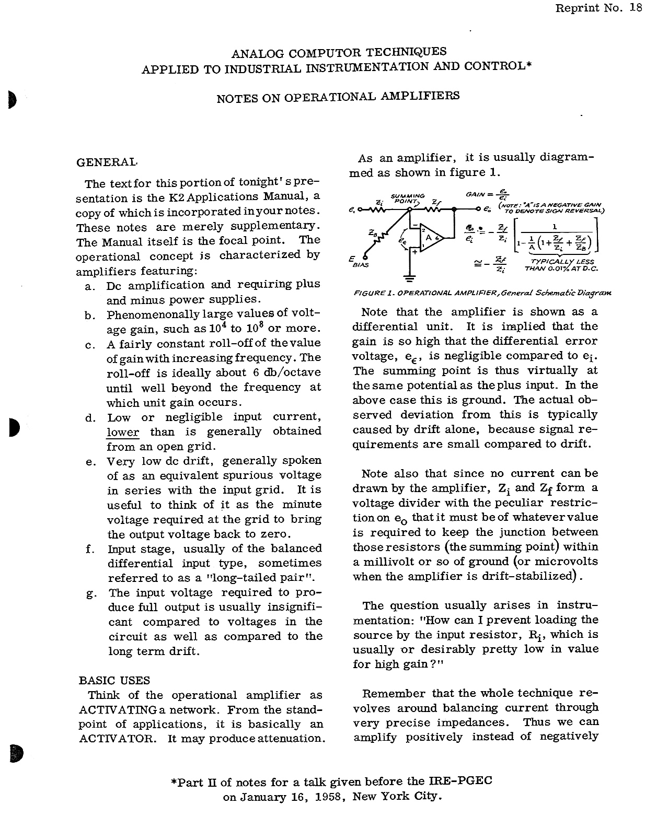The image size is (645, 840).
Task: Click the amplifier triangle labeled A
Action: click(430, 238)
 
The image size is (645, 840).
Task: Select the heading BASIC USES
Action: click(114, 680)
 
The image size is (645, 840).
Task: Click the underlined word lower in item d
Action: click(123, 432)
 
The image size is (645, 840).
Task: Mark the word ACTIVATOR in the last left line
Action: click(118, 739)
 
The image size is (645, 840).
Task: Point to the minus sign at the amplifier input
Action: click(412, 226)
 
